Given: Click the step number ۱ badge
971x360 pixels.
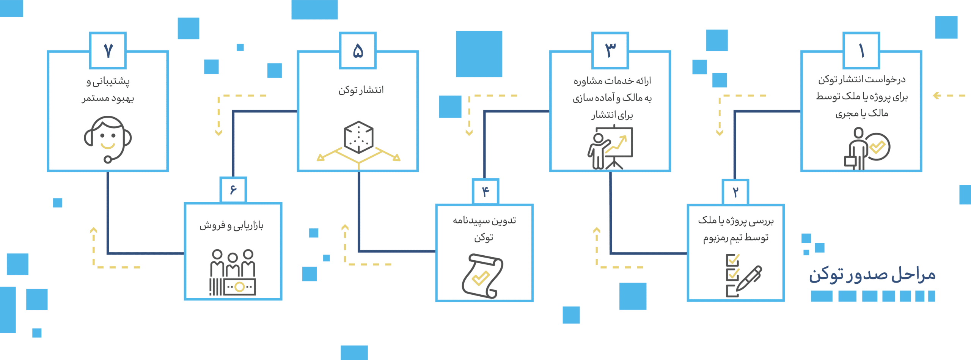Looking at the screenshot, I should pos(861,50).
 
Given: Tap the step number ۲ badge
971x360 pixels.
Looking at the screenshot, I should pos(735,192).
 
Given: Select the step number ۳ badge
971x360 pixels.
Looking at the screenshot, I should pos(610,50).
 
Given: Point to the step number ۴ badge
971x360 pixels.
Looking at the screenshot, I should pos(485,192).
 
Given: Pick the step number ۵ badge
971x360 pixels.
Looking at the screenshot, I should pos(358,50).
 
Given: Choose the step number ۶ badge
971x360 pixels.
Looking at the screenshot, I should pos(233,190).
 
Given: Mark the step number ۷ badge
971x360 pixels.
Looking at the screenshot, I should pos(108,50).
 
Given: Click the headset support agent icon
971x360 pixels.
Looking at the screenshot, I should pos(108,139).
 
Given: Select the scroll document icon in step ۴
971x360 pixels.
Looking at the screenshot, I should pos(482,276).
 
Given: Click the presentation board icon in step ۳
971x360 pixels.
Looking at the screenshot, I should pos(610,148).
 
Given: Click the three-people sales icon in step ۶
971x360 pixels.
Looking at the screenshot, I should pos(233,272).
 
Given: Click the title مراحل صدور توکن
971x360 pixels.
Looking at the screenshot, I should pos(872,274).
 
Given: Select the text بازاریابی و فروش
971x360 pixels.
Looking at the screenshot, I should pos(231,226).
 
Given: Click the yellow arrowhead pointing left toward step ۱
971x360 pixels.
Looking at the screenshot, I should pos(936,96).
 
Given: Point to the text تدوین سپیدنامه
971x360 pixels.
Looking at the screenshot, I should pos(484,221).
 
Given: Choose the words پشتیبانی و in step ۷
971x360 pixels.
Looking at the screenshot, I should pos(108,81).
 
